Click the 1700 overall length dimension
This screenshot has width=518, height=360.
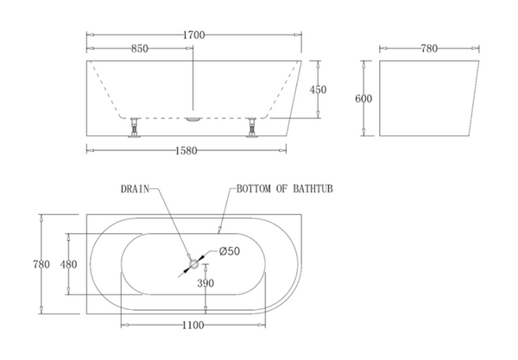pos(194,35)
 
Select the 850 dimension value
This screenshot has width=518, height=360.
pos(139,49)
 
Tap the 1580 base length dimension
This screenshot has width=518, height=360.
pos(186,151)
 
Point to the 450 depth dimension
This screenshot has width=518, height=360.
pos(318,90)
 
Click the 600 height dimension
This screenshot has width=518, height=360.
pos(363,98)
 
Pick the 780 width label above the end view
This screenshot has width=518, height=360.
pos(429,49)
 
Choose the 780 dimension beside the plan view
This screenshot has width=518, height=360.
pos(41,264)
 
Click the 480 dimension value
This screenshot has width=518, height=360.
pos(68,264)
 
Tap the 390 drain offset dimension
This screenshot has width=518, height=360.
pos(205,283)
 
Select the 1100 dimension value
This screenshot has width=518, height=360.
pos(193,325)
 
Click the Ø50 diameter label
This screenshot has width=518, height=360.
pos(230,251)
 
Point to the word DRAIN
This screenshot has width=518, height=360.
pos(136,189)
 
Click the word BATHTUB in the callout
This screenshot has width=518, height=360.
pos(313,189)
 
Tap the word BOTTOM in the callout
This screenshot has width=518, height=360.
pos(254,189)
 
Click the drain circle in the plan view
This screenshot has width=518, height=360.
pos(193,264)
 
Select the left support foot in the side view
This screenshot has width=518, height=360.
pos(135,127)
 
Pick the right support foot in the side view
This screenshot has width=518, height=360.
pos(252,127)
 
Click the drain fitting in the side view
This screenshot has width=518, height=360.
pos(193,119)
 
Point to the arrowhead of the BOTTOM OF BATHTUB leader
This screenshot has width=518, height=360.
pos(219,230)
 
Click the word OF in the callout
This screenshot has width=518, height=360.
pos(281,189)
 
